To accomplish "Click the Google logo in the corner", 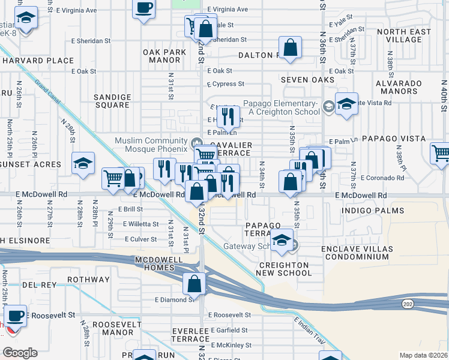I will click(x=20, y=353).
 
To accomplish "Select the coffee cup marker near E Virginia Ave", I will click(x=143, y=8).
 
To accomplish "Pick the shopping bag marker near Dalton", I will click(x=290, y=48).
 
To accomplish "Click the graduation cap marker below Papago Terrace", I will click(x=281, y=240).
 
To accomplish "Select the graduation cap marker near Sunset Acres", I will click(x=83, y=163).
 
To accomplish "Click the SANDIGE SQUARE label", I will click(x=112, y=101).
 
